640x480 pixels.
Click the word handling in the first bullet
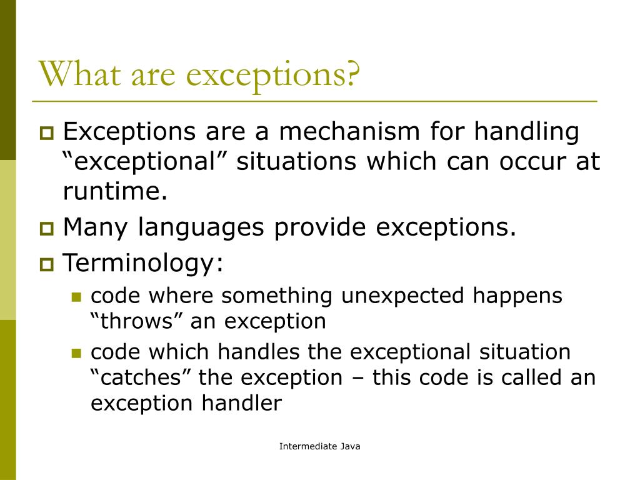(x=527, y=132)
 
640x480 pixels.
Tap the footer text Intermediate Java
(x=319, y=446)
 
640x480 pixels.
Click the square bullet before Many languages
(x=47, y=229)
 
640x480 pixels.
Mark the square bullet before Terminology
(x=47, y=264)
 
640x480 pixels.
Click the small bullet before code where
(x=77, y=297)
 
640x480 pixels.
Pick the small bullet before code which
(x=77, y=354)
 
